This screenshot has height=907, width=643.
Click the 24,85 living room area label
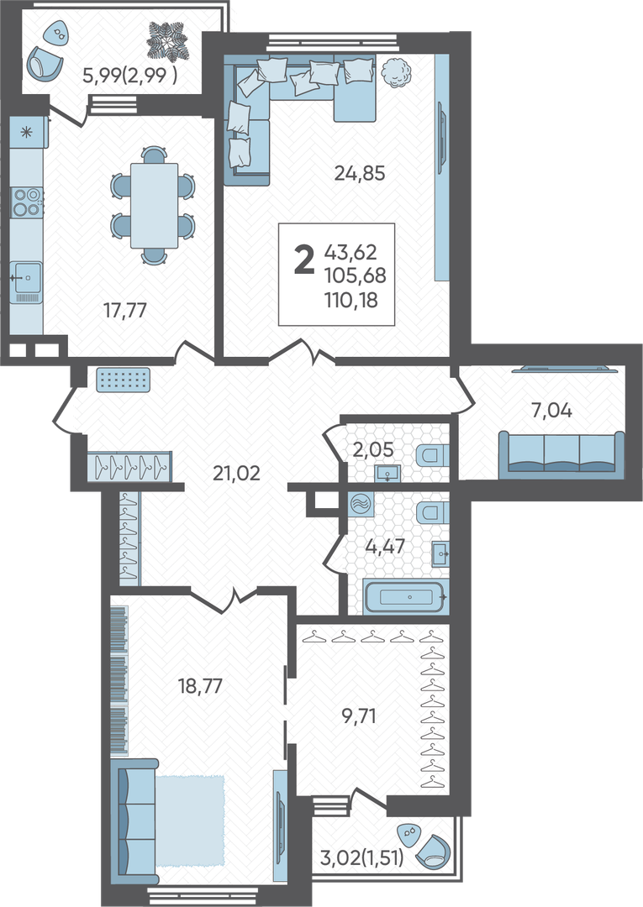(360, 173)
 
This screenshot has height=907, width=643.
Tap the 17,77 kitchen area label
(125, 311)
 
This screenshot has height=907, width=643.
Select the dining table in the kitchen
(154, 206)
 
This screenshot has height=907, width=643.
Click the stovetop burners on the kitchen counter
(27, 202)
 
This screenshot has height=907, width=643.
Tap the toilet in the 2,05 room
(432, 455)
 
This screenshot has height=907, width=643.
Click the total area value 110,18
(351, 300)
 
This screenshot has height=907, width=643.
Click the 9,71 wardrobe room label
(359, 716)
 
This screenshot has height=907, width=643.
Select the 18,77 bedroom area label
(200, 686)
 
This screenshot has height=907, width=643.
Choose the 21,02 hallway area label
(237, 473)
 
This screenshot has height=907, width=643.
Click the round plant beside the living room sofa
(397, 73)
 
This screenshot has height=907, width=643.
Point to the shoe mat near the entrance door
(123, 380)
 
